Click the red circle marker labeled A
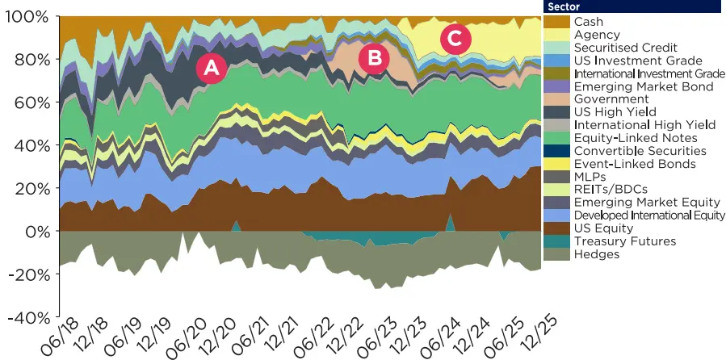[x=211, y=69]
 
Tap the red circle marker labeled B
[x=374, y=57]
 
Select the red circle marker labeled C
[x=455, y=37]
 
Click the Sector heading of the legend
[x=564, y=7]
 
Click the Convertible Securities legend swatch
[x=557, y=151]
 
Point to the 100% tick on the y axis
[x=30, y=17]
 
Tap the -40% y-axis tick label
[x=28, y=317]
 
